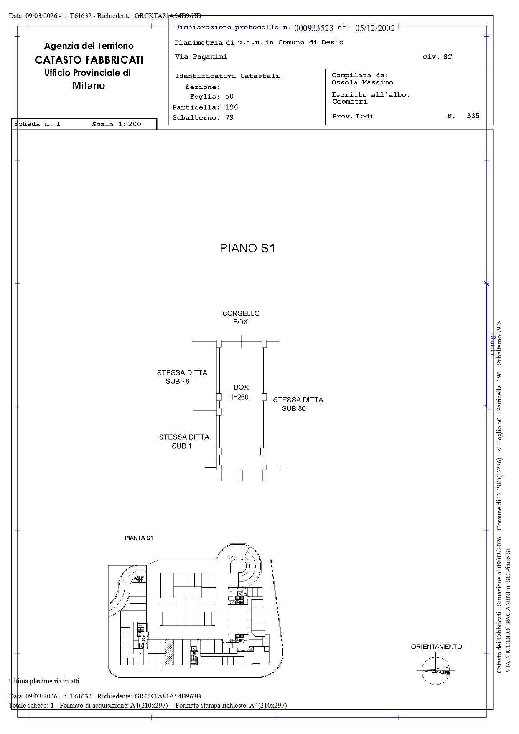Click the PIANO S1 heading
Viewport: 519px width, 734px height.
point(247,248)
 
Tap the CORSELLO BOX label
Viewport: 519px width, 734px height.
point(241,318)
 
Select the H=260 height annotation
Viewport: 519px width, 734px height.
point(238,397)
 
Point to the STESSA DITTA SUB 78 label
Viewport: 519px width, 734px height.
point(182,377)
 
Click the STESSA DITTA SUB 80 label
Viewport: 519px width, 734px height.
point(298,404)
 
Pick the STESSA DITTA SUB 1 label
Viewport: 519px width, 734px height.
point(184,441)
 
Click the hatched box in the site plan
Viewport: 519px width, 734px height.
point(169,652)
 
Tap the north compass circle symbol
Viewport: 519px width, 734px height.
point(436,671)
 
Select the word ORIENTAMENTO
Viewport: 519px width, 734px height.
point(436,647)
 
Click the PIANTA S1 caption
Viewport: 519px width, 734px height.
point(139,538)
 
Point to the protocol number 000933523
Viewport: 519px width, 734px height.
point(314,28)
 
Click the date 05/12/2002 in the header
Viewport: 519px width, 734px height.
point(375,28)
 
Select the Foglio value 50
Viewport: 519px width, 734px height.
point(229,97)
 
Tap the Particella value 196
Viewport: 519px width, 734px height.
point(232,107)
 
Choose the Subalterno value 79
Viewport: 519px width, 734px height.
point(229,117)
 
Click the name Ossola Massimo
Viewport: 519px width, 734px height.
point(362,82)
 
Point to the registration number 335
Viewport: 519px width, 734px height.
point(473,116)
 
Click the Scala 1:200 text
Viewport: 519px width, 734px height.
point(117,124)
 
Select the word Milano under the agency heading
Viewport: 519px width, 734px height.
point(89,86)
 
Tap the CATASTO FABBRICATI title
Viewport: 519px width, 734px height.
point(89,60)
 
